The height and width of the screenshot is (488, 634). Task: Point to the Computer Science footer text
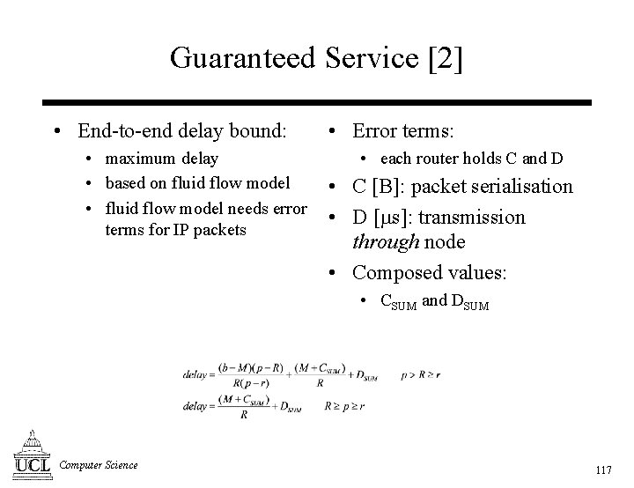pos(99,464)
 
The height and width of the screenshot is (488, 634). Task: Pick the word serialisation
pos(524,187)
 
